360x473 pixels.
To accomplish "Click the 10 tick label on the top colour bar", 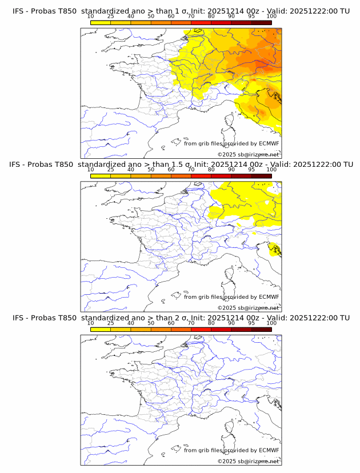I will point(91,16).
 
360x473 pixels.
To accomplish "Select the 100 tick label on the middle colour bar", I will point(271,170).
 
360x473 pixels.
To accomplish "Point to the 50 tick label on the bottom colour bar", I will point(151,323).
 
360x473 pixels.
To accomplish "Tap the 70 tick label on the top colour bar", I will point(191,16).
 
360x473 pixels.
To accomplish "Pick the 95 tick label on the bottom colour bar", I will point(251,323).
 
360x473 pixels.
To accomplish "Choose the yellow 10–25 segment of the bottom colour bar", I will point(101,330).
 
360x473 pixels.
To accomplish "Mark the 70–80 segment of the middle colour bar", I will point(201,176).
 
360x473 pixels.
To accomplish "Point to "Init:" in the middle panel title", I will point(202,165).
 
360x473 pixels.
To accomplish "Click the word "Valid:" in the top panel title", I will point(281,11).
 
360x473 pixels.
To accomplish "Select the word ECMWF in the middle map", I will point(269,297).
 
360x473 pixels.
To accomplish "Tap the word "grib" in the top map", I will point(206,143).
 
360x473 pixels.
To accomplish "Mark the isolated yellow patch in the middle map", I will point(275,250).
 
